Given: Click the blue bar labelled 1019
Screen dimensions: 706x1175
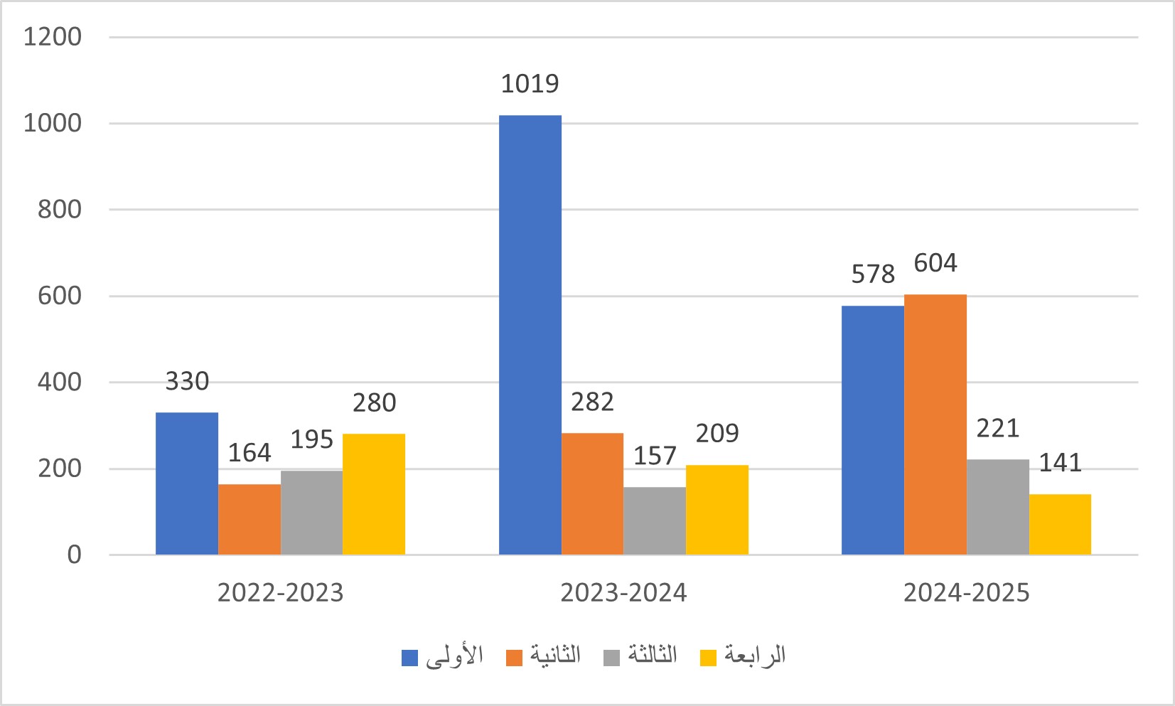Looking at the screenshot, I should [x=530, y=335].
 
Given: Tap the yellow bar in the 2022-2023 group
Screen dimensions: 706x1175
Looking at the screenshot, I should [x=374, y=494].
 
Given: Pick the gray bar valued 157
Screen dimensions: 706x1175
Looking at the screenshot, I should [x=655, y=520].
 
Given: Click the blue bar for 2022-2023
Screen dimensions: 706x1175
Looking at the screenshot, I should [x=187, y=483].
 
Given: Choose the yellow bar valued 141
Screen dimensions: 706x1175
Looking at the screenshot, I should [x=1060, y=524].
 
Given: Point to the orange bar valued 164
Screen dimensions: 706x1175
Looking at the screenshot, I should [x=250, y=519].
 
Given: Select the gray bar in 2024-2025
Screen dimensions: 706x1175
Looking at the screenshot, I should [x=997, y=507].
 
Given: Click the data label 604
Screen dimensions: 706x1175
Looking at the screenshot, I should [x=935, y=263].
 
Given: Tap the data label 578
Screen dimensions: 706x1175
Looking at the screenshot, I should [x=873, y=274].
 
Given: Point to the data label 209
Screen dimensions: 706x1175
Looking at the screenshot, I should [x=717, y=433].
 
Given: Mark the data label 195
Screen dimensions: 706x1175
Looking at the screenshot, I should [x=311, y=439].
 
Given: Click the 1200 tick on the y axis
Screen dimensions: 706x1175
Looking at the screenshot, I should [x=53, y=36].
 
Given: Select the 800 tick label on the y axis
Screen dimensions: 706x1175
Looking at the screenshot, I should [x=60, y=209].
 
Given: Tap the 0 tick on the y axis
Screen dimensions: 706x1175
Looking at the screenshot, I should [x=74, y=555].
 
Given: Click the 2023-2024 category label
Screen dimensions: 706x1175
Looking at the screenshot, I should [x=623, y=593].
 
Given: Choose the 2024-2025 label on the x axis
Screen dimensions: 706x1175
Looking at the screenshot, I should [x=966, y=593].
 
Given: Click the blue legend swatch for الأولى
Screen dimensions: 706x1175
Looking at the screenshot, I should [x=409, y=658].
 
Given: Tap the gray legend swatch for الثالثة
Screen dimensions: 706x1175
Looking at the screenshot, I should [x=611, y=658].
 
